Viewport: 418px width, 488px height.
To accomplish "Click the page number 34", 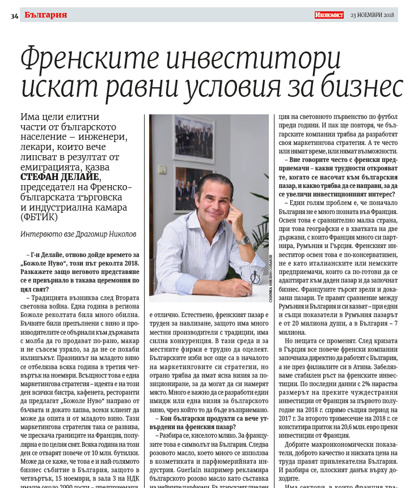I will (x=15, y=15).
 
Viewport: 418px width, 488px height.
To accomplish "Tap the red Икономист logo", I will (x=329, y=15).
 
